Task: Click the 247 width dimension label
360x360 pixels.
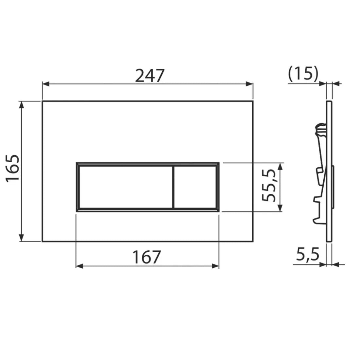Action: (x=150, y=76)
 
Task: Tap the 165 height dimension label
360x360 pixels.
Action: (x=13, y=168)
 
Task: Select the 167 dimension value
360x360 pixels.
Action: (x=147, y=257)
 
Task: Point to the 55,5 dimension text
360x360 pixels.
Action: (x=268, y=186)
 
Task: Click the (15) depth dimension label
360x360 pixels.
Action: (x=303, y=74)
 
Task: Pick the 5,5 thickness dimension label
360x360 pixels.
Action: (x=308, y=254)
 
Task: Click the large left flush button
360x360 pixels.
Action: (x=125, y=187)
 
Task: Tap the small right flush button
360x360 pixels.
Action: (x=195, y=187)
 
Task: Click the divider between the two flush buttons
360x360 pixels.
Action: (x=173, y=187)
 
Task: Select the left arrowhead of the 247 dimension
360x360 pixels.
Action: (x=46, y=84)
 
